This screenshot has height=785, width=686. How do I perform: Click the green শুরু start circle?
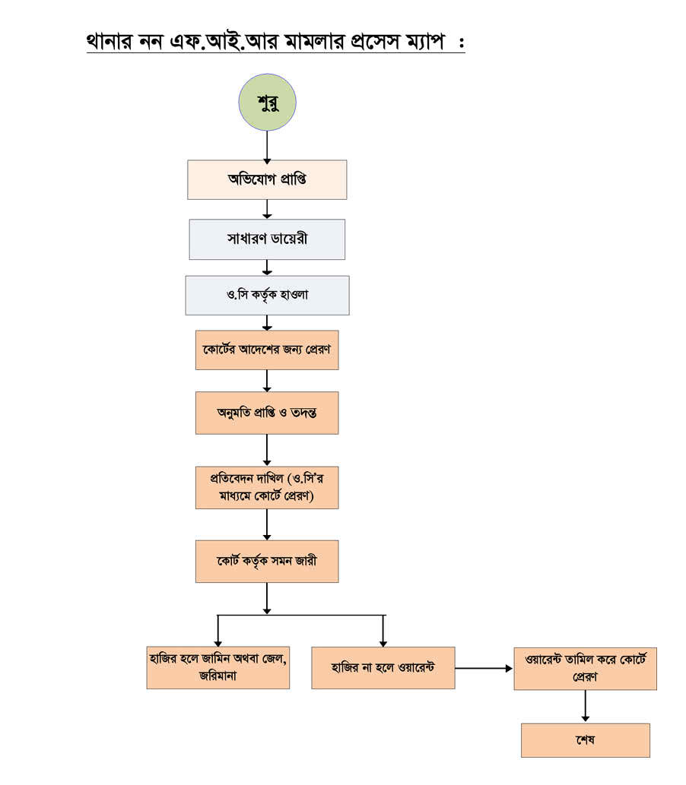click(267, 103)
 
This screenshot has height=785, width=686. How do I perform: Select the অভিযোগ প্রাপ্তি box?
click(267, 179)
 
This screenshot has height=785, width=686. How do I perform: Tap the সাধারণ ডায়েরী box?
click(267, 239)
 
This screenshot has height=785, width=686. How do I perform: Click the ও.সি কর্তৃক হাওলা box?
click(267, 295)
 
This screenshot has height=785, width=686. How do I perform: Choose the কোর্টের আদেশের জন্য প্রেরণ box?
click(267, 350)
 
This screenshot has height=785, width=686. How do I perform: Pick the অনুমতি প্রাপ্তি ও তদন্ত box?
click(267, 413)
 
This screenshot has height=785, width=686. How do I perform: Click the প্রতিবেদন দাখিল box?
click(267, 487)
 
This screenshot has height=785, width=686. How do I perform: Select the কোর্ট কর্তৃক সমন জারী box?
click(267, 562)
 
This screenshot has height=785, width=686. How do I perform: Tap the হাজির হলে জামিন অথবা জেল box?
click(218, 668)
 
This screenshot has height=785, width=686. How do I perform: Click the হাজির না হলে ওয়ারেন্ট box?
click(383, 668)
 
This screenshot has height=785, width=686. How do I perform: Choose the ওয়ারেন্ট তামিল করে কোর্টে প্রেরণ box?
click(585, 668)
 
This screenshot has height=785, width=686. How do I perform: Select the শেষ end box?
click(585, 740)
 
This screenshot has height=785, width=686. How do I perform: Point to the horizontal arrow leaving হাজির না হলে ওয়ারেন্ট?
click(484, 669)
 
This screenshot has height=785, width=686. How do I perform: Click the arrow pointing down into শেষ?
click(585, 706)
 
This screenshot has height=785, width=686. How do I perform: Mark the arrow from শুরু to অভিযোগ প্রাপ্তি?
click(267, 145)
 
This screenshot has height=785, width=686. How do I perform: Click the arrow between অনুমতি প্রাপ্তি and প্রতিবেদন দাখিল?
click(267, 450)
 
